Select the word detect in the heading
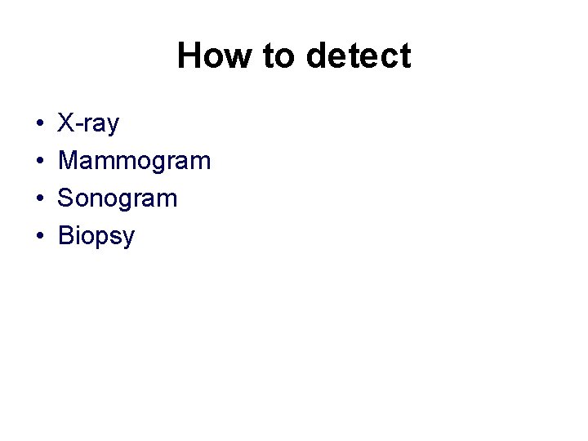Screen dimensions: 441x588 pyautogui.click(x=359, y=56)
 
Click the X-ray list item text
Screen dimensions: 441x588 pyautogui.click(x=89, y=124)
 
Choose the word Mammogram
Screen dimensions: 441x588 pyautogui.click(x=135, y=162)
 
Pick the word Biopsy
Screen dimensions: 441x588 pyautogui.click(x=96, y=237)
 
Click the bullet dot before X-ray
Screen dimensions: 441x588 pyautogui.click(x=39, y=124)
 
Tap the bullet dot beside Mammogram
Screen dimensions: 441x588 pyautogui.click(x=39, y=162)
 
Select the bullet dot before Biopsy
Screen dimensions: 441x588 pyautogui.click(x=39, y=237)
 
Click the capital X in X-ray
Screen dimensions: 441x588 pyautogui.click(x=67, y=124)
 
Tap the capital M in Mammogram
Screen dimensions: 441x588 pyautogui.click(x=69, y=161)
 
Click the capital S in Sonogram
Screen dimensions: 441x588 pyautogui.click(x=67, y=198)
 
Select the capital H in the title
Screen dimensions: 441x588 pyautogui.click(x=189, y=56)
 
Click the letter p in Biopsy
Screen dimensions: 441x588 pyautogui.click(x=101, y=239)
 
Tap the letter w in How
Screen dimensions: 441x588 pyautogui.click(x=237, y=59)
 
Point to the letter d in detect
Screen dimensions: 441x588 pyautogui.click(x=316, y=56)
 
